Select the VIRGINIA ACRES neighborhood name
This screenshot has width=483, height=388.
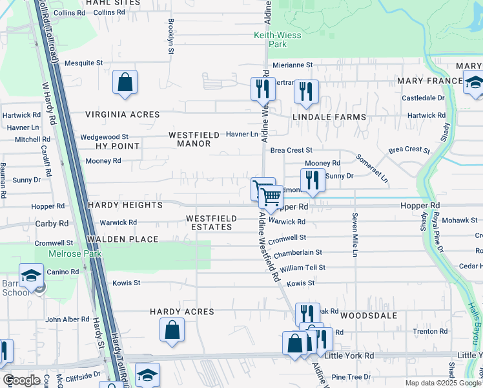pos(123,114)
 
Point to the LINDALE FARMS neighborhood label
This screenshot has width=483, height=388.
pos(329,117)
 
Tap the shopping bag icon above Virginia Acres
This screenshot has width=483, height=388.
pos(125,83)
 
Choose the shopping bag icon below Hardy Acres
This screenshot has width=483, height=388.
pos(172,330)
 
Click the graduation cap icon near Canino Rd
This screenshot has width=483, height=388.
pos(30,277)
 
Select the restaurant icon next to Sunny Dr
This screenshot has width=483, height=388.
pos(313,180)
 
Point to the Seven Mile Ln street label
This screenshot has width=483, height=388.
pos(355,235)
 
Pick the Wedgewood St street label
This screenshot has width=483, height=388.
pos(104,137)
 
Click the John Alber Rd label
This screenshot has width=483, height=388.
pos(67,319)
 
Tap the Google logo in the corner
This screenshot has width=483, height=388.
pos(21,380)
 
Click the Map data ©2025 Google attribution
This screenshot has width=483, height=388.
pos(442,383)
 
